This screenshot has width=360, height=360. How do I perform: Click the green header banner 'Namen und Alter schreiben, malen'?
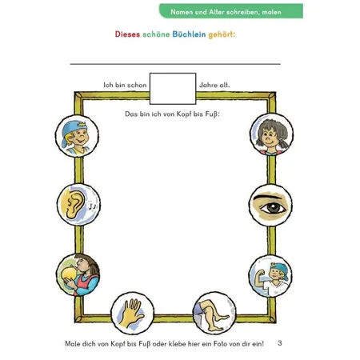231,11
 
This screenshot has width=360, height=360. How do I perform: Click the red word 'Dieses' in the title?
127,34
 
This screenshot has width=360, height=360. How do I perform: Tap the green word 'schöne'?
156,34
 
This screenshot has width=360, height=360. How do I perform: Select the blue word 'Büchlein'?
189,34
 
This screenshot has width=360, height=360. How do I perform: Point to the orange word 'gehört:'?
222,35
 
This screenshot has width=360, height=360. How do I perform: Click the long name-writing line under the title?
175,64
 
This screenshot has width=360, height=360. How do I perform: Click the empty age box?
173,89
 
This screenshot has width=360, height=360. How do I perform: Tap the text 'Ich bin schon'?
125,85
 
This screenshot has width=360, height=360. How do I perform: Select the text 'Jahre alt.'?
214,85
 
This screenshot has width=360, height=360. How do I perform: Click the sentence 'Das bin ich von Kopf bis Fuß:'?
172,114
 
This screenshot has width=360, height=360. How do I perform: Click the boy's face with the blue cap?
77,136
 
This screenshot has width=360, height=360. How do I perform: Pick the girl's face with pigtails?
271,134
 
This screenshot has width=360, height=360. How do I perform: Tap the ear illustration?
78,205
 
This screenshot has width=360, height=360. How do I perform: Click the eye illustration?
270,205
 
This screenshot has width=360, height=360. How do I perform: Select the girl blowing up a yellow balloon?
78,275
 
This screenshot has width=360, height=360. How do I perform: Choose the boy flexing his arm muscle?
270,276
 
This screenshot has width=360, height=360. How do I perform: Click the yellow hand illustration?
133,314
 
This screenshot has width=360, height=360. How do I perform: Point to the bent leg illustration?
214,313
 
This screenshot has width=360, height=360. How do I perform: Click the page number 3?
279,342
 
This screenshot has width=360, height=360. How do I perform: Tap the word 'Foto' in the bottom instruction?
221,344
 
